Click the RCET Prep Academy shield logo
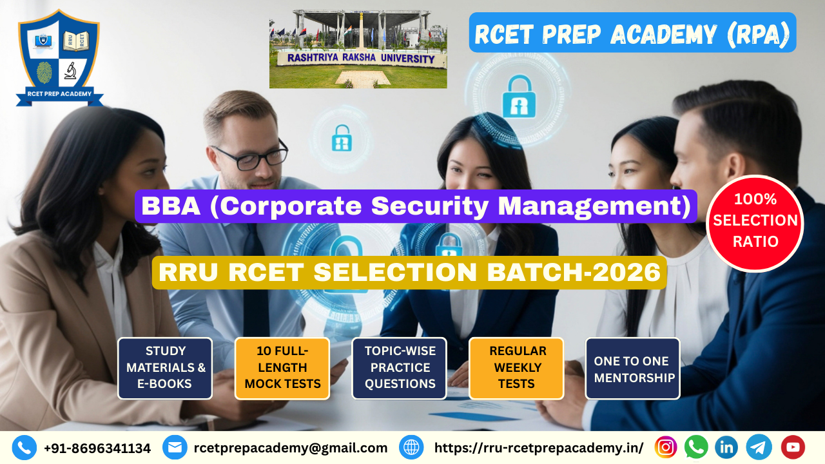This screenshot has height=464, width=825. [x=59, y=58]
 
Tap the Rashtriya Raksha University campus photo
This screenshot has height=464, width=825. [x=358, y=50]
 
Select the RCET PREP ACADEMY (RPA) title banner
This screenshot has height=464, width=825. [x=632, y=33]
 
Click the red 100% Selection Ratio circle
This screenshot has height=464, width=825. [x=755, y=224]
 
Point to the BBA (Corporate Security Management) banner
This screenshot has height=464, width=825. [x=416, y=206]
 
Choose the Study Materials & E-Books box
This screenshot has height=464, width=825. [x=165, y=368]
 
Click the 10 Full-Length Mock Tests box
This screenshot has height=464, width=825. [x=282, y=368]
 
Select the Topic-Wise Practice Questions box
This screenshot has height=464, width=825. [x=400, y=368]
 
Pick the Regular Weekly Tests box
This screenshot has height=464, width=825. [x=516, y=368]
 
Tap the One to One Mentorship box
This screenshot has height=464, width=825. [x=633, y=368]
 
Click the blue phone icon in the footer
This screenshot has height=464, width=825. [x=24, y=448]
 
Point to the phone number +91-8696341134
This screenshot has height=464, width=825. [x=97, y=449]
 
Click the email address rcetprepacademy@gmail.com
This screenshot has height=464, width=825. [x=291, y=448]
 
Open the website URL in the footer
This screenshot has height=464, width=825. [x=539, y=448]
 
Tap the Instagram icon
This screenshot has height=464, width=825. [x=666, y=447]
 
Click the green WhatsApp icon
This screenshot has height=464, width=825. [x=696, y=447]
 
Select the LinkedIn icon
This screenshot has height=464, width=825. [x=726, y=447]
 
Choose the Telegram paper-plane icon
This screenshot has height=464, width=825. [x=759, y=447]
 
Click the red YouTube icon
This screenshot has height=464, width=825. [x=793, y=447]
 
